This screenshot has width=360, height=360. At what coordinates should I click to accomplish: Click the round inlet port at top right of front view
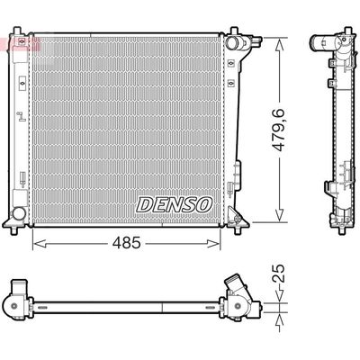232,43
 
